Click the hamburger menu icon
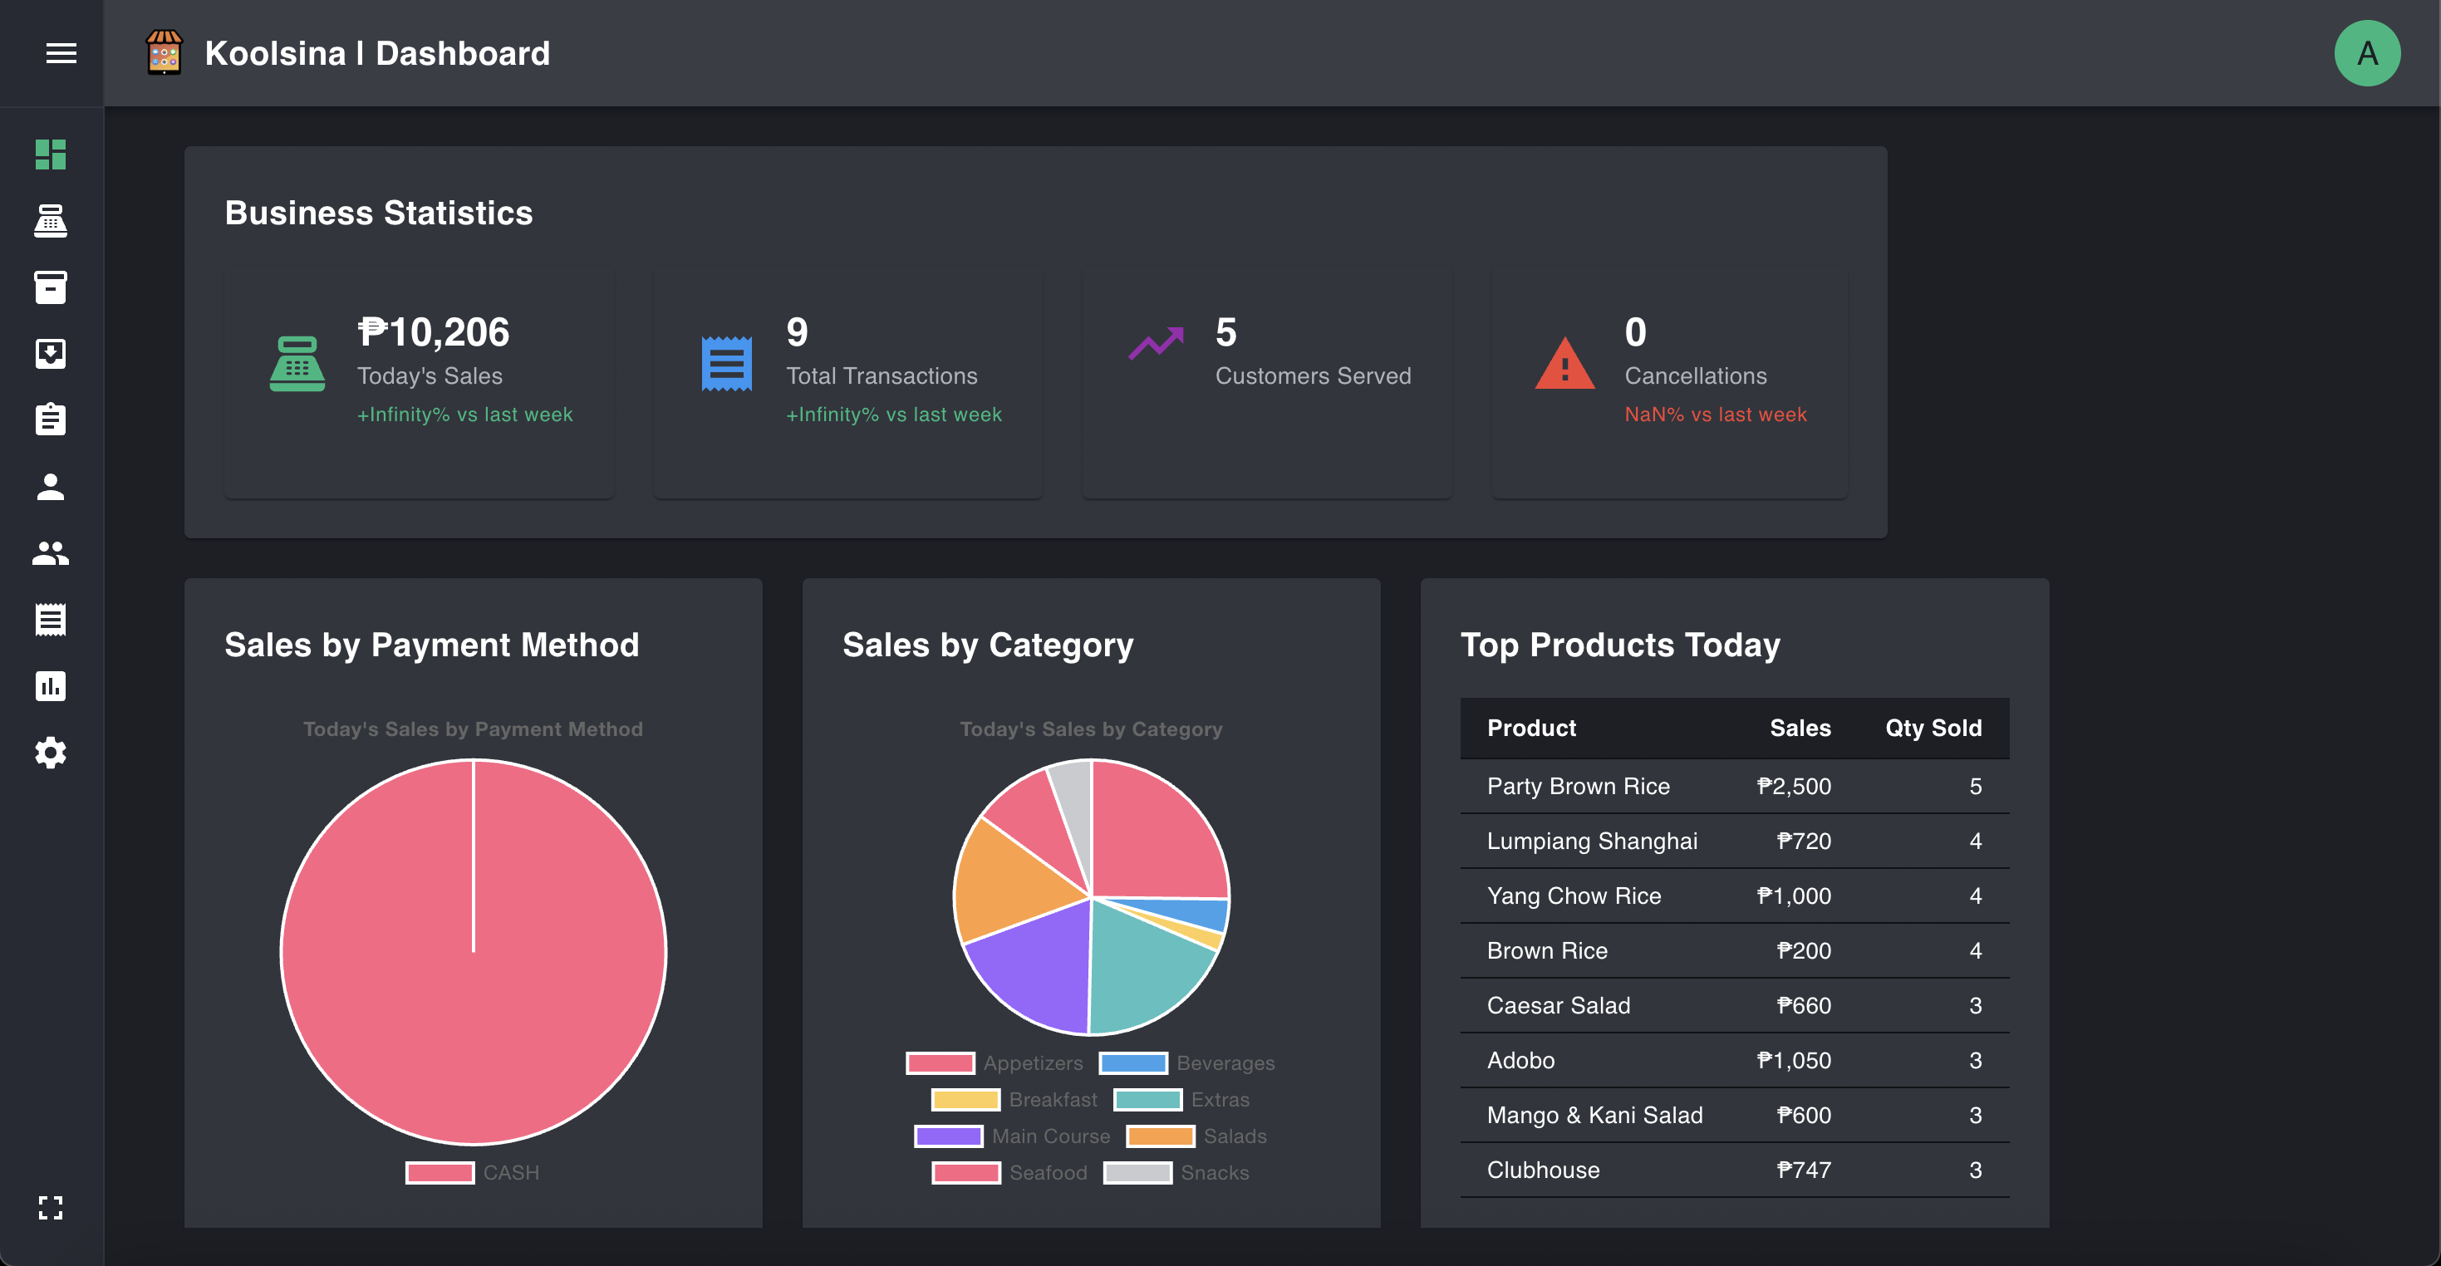coord(61,53)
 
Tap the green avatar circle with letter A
coord(2366,53)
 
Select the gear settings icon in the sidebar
coord(50,753)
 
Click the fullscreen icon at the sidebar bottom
coord(50,1206)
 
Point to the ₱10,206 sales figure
coord(433,332)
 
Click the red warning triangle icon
coord(1564,364)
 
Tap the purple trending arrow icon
coord(1155,343)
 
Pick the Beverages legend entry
coord(1188,1063)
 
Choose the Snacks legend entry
coord(1177,1172)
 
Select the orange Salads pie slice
coord(1004,881)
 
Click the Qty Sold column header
coord(1933,728)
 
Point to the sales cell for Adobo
coord(1793,1060)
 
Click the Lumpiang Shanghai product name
coord(1591,841)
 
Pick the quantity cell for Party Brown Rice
coord(1975,787)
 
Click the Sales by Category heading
coord(987,645)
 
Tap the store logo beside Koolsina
coord(164,53)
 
